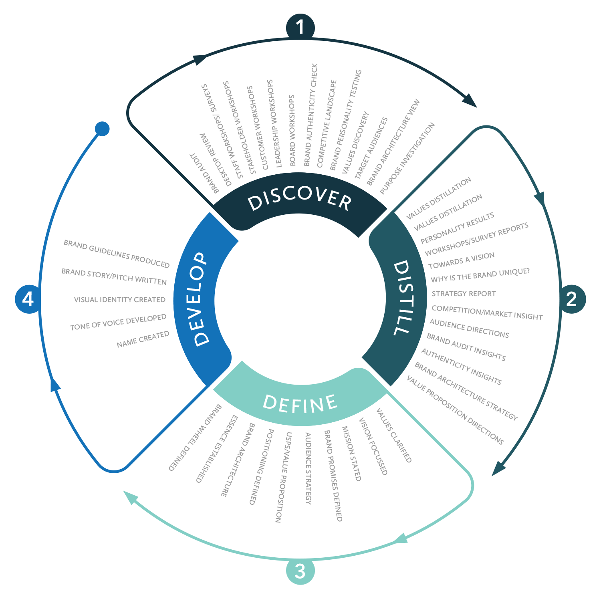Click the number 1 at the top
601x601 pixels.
point(300,28)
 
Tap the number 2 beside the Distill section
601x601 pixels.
point(571,299)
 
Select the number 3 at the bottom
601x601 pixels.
point(300,571)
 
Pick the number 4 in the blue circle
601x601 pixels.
point(28,299)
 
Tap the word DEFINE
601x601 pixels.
point(300,404)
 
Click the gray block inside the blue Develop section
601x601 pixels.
point(116,341)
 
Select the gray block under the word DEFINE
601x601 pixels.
point(321,481)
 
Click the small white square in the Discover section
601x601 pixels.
point(205,158)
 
